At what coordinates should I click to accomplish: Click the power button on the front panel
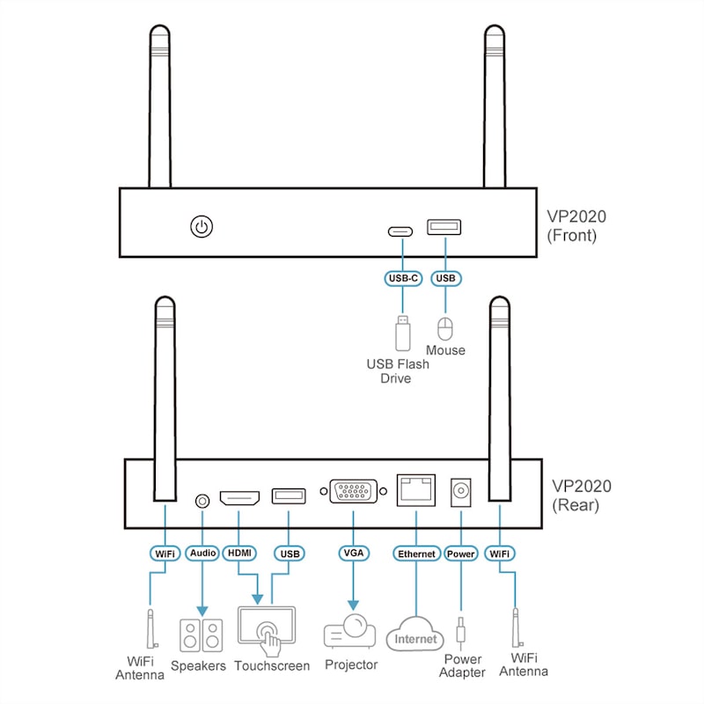click(x=202, y=227)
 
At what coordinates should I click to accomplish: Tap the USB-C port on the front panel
click(x=400, y=231)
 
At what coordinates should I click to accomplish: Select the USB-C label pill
click(x=403, y=278)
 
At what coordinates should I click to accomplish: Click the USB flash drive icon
click(x=403, y=333)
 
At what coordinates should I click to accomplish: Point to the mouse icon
click(x=445, y=329)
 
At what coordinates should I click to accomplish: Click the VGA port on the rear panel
click(x=354, y=491)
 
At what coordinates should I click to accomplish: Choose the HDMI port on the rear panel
click(x=239, y=498)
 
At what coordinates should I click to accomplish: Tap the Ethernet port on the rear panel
click(x=416, y=490)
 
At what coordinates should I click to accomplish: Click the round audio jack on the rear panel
click(x=202, y=501)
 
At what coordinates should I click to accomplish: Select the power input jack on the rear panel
click(x=460, y=493)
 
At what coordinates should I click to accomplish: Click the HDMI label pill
click(x=239, y=553)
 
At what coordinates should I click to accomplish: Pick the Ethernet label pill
click(x=416, y=554)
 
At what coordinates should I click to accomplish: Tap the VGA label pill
click(x=354, y=554)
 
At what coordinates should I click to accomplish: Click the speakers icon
click(x=202, y=635)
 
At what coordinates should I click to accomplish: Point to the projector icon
click(x=349, y=630)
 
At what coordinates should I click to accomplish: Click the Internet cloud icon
click(x=415, y=634)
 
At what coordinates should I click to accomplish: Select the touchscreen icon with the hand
click(x=267, y=631)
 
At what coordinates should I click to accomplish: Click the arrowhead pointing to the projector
click(x=354, y=605)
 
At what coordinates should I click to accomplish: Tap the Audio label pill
click(x=202, y=554)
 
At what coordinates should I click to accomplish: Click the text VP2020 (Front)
click(x=576, y=226)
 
